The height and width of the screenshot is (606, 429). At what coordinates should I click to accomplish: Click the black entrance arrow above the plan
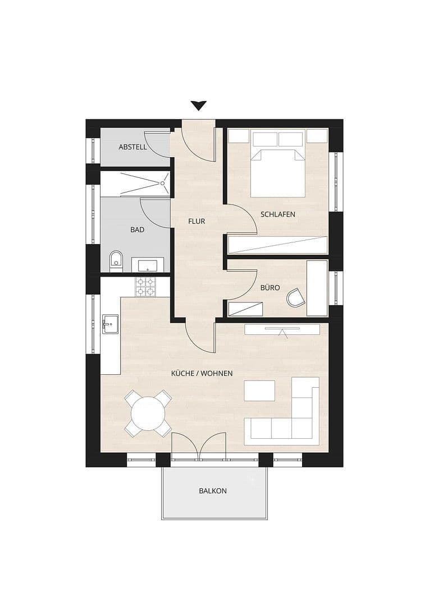[198, 105]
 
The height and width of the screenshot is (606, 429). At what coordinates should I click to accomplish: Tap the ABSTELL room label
[133, 147]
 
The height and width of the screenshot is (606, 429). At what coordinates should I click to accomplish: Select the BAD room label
[137, 229]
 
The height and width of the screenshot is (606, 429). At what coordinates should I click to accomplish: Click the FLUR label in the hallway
[197, 221]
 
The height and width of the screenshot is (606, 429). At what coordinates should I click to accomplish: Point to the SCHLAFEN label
[277, 214]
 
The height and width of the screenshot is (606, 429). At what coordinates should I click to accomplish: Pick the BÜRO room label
[270, 287]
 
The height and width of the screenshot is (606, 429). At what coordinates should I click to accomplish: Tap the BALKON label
[213, 490]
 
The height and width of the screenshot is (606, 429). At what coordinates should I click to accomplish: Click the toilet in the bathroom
[116, 261]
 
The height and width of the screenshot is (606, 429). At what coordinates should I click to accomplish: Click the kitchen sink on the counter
[109, 323]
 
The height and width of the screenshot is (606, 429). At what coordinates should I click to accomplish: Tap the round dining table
[148, 414]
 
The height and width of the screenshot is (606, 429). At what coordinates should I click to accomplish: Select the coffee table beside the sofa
[259, 391]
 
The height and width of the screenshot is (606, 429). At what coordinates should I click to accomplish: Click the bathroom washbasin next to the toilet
[148, 265]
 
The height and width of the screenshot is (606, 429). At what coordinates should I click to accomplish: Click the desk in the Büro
[317, 287]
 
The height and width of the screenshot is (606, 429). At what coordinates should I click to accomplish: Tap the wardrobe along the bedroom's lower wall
[277, 245]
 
